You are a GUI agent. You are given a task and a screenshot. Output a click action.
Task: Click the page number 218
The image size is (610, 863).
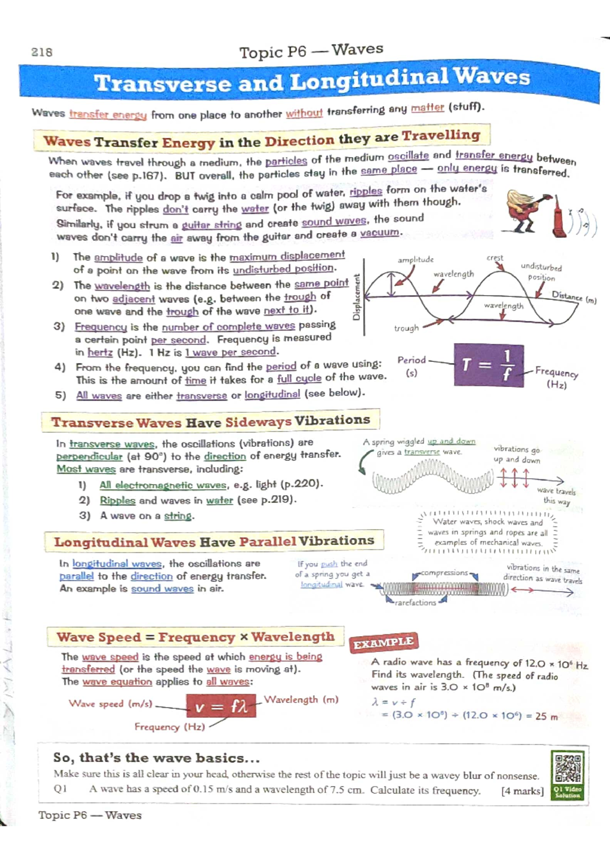[42, 52]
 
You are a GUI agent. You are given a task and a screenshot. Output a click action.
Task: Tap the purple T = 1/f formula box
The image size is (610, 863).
[489, 365]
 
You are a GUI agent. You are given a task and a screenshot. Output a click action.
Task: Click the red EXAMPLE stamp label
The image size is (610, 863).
[384, 643]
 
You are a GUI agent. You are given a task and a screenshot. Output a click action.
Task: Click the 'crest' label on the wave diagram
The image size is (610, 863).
[495, 258]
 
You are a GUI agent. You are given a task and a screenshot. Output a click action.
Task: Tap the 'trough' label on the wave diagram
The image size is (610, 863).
[406, 328]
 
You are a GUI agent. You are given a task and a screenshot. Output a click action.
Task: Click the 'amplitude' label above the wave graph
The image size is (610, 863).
[415, 260]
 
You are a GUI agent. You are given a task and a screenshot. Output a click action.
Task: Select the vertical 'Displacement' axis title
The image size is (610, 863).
[356, 297]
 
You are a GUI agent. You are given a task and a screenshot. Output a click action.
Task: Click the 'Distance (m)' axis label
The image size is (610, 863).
[574, 297]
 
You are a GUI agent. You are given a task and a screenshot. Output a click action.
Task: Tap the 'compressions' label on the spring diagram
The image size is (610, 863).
[444, 573]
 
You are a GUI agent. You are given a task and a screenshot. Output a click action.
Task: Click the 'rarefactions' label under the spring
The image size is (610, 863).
[415, 603]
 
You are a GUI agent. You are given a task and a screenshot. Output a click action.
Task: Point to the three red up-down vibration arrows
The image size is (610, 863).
[514, 478]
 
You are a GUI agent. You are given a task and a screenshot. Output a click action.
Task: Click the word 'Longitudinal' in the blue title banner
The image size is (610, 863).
[369, 80]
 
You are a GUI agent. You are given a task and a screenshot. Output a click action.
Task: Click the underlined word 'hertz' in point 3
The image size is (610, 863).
[100, 352]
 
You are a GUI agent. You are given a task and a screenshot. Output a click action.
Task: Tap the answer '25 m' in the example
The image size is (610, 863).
[546, 716]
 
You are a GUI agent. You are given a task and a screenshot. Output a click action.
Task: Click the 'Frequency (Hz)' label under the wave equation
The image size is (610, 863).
[169, 727]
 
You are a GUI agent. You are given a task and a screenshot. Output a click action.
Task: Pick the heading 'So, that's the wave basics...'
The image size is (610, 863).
[157, 758]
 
